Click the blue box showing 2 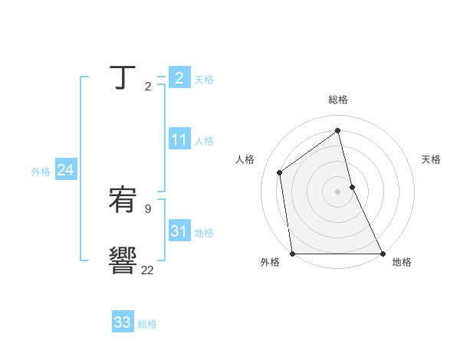179,77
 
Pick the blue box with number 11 179,139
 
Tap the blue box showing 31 179,231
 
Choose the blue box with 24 66,170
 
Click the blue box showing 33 123,322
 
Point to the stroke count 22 147,270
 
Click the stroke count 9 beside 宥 147,208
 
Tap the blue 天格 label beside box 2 204,80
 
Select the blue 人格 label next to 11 204,141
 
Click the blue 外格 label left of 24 41,172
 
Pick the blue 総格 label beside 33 147,324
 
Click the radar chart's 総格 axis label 338,100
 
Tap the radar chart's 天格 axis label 431,159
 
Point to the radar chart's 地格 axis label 402,262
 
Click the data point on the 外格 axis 292,254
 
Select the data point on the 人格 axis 280,172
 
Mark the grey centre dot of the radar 338,191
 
